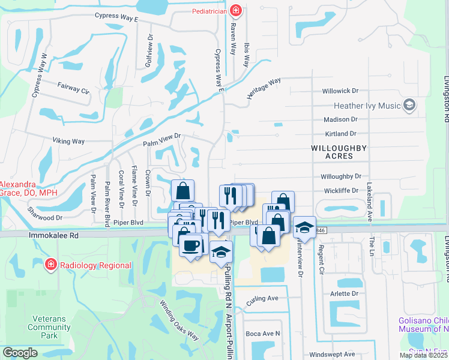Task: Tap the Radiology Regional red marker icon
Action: [51, 265]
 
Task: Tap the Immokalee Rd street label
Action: [53, 237]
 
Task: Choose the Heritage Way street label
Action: [264, 89]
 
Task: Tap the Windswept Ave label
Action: [333, 354]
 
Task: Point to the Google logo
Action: [20, 353]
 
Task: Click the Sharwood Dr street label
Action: [45, 215]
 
